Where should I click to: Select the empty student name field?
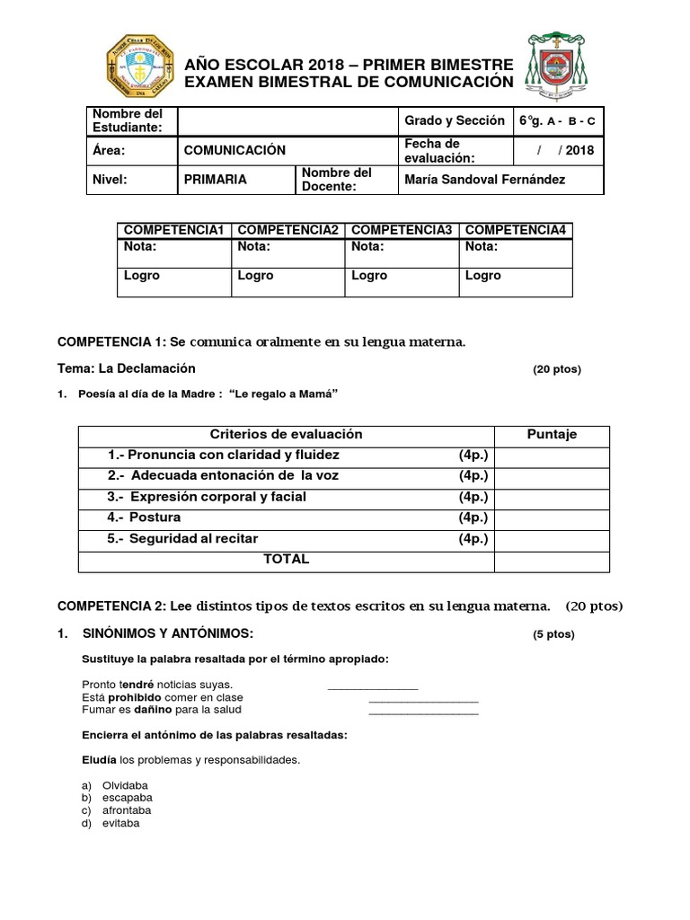point(287,121)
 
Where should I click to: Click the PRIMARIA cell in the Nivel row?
point(216,180)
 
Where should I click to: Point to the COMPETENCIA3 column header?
point(402,231)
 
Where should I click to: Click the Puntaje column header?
point(552,435)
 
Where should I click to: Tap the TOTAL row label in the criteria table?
point(286,559)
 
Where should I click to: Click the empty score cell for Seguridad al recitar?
point(552,539)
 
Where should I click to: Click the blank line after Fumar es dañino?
point(423,711)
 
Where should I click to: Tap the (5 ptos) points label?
point(553,634)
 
